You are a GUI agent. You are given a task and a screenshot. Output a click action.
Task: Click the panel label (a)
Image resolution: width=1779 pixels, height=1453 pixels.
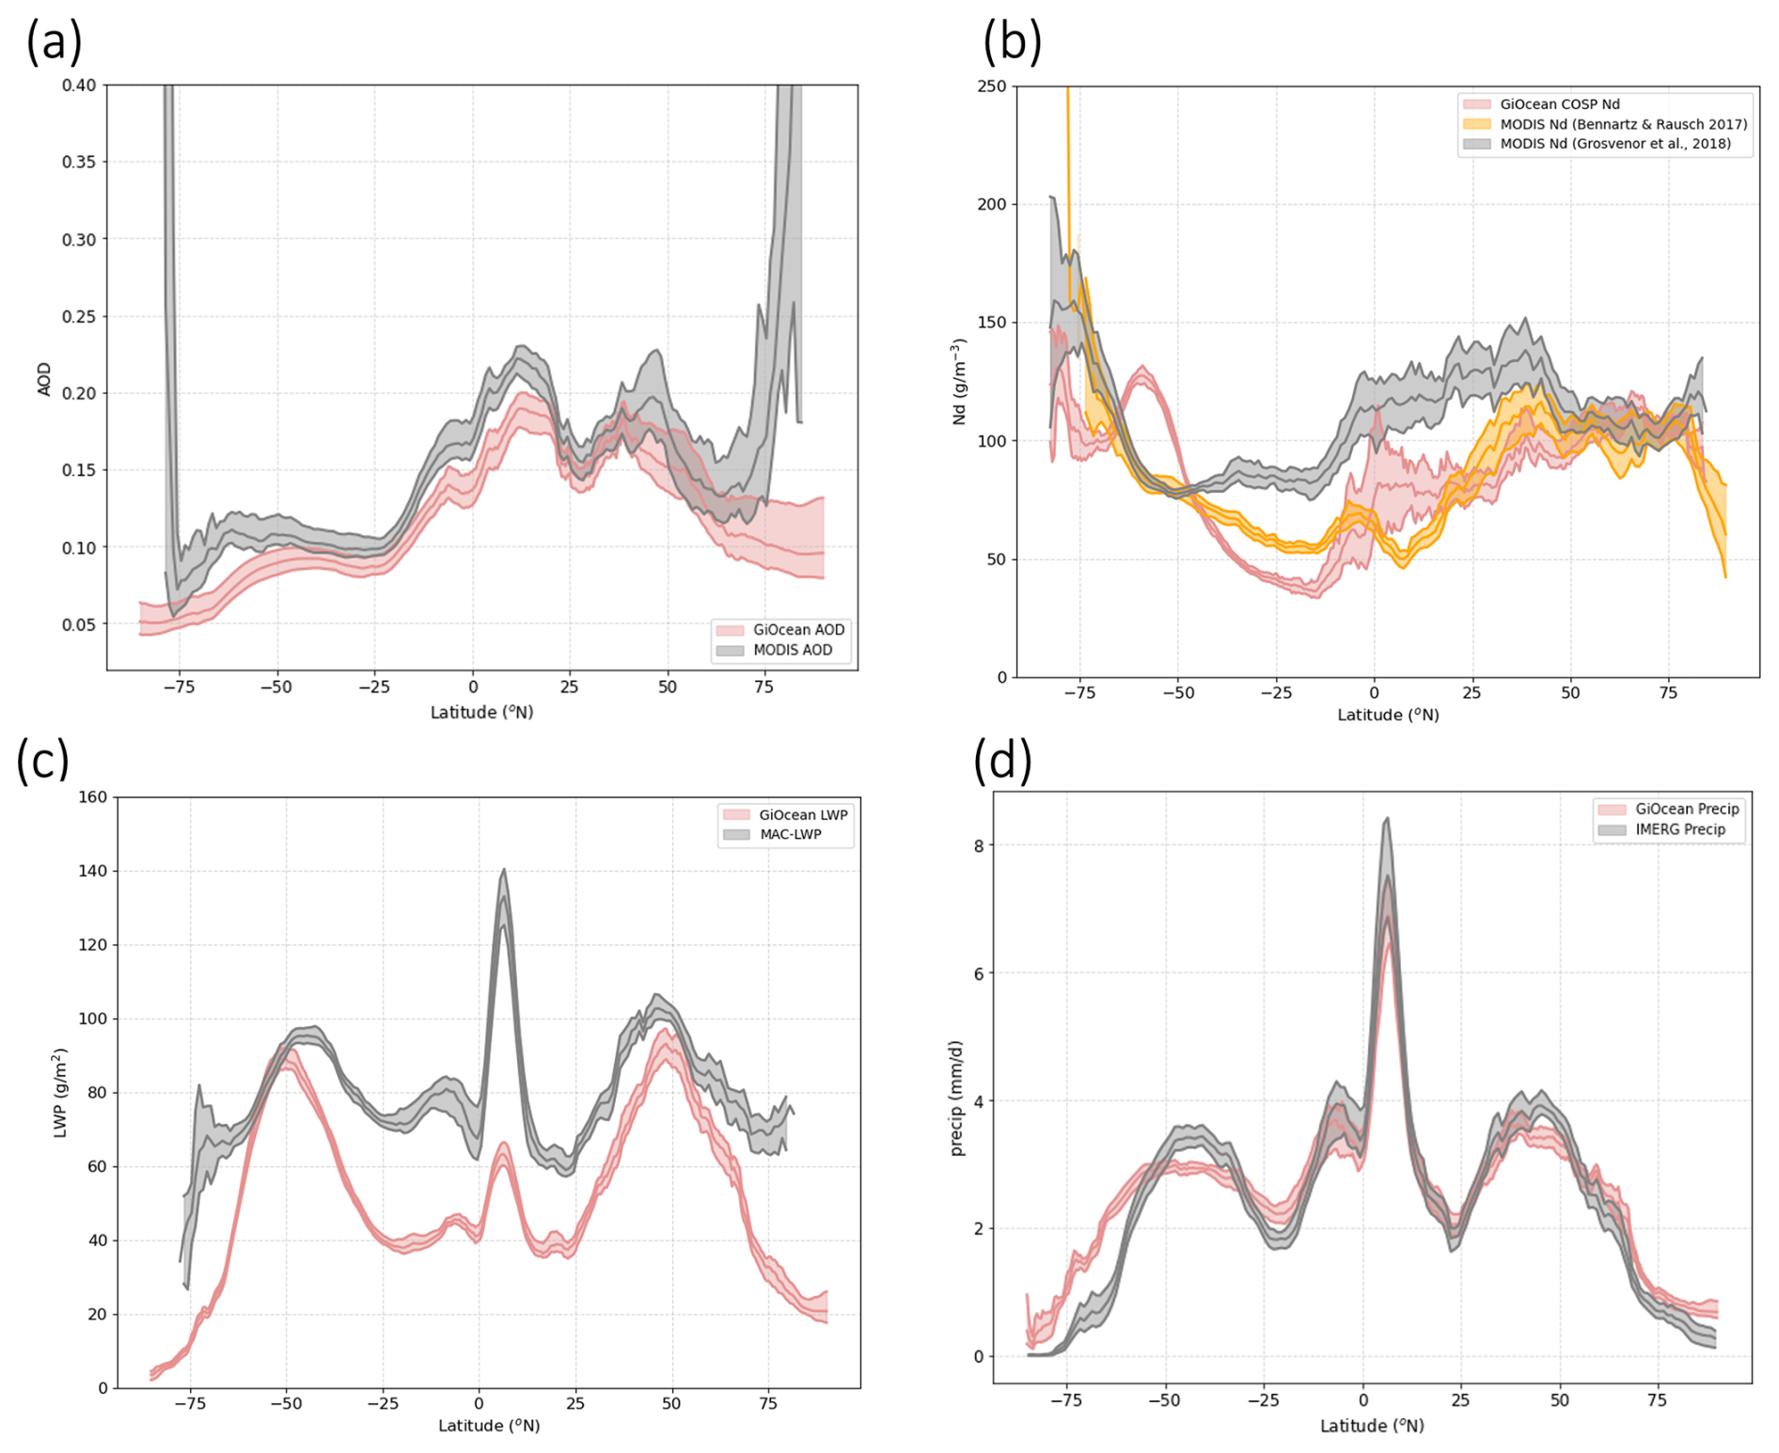click(54, 43)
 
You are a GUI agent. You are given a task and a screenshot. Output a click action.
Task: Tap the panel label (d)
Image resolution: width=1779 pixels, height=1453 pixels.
click(1002, 760)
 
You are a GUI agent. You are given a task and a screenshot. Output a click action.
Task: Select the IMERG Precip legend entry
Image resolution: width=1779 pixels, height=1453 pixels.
click(1679, 829)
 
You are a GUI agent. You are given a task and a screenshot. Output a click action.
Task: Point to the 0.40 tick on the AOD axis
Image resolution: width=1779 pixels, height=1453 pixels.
click(79, 86)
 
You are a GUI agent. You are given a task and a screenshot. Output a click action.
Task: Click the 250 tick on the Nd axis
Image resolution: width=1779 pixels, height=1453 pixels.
click(991, 87)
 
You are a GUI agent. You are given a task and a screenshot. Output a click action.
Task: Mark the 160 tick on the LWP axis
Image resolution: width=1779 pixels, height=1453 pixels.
click(92, 798)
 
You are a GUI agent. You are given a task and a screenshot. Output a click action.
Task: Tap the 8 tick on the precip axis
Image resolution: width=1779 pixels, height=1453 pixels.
click(979, 846)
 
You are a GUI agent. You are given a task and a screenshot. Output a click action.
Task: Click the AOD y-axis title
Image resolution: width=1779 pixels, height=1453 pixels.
click(44, 379)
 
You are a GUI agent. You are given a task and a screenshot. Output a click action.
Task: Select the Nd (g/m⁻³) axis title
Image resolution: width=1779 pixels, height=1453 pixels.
click(959, 382)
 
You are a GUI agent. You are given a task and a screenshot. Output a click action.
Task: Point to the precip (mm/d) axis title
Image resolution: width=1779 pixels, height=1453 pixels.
click(956, 1098)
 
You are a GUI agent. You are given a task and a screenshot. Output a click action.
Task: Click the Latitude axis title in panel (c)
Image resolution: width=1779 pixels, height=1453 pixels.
click(489, 1426)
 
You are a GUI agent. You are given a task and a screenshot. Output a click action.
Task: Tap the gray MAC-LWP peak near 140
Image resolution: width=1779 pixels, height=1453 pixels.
click(504, 871)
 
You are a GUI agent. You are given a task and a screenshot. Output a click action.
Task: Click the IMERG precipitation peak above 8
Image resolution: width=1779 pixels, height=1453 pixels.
click(1387, 820)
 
